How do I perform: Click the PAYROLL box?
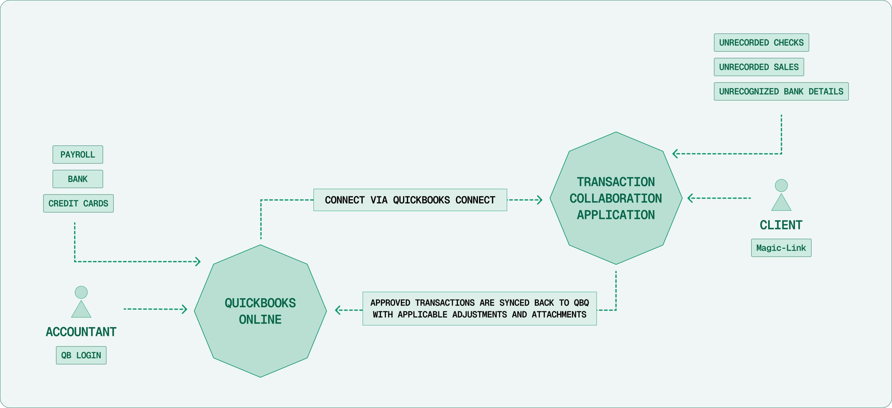pyautogui.click(x=78, y=155)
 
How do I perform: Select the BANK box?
pyautogui.click(x=78, y=179)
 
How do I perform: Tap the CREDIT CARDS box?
pyautogui.click(x=78, y=203)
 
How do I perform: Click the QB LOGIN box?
pyautogui.click(x=81, y=355)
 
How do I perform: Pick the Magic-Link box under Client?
pyautogui.click(x=781, y=248)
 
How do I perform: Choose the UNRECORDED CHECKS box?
pyautogui.click(x=761, y=43)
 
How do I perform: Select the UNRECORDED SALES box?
pyautogui.click(x=759, y=67)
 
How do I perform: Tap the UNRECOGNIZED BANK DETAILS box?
pyautogui.click(x=781, y=91)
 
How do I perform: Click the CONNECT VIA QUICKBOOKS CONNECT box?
pyautogui.click(x=410, y=200)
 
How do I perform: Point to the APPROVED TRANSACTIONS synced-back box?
pyautogui.click(x=479, y=308)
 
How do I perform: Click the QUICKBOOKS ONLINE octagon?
pyautogui.click(x=260, y=311)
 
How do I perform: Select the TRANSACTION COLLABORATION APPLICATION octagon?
pyautogui.click(x=616, y=198)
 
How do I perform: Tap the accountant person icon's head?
pyautogui.click(x=81, y=292)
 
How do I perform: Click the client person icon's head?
pyautogui.click(x=781, y=186)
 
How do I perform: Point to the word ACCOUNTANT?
pyautogui.click(x=81, y=332)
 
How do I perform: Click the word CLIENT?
pyautogui.click(x=781, y=225)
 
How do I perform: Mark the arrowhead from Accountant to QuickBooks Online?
pyautogui.click(x=185, y=309)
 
